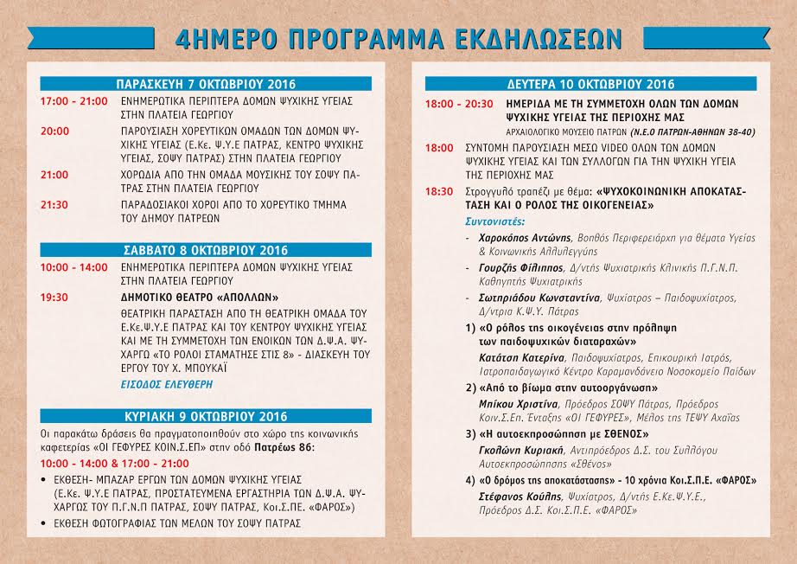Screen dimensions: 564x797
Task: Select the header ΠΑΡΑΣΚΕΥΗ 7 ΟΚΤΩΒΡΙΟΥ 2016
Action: coord(206,84)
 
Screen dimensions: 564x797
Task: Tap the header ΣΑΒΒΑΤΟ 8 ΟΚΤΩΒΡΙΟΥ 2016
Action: coord(206,250)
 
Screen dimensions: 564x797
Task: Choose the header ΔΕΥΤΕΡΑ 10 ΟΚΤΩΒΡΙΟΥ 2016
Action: coord(591,84)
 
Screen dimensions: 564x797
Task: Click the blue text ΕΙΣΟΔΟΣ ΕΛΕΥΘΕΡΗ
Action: coord(166,383)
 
